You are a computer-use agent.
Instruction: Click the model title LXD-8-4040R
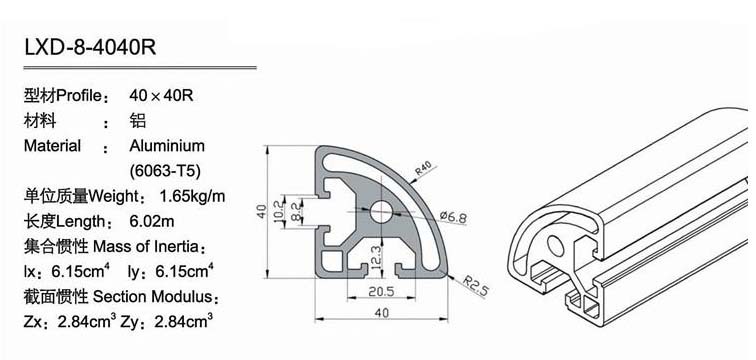pyautogui.click(x=90, y=48)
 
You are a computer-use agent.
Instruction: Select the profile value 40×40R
pyautogui.click(x=161, y=95)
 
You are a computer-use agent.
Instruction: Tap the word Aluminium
pyautogui.click(x=167, y=146)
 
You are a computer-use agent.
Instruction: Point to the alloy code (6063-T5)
pyautogui.click(x=165, y=171)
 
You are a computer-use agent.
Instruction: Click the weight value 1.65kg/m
pyautogui.click(x=192, y=196)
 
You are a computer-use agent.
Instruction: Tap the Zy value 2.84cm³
pyautogui.click(x=183, y=321)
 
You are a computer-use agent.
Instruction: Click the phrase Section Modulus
pyautogui.click(x=152, y=296)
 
